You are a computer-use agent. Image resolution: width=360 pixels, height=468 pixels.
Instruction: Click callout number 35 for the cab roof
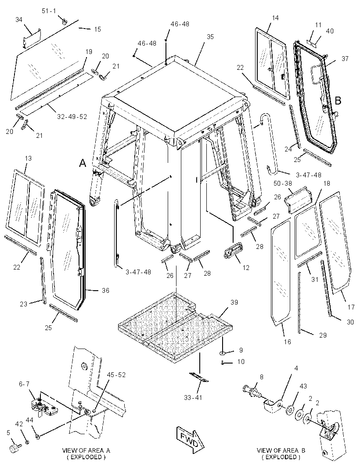tap(210, 37)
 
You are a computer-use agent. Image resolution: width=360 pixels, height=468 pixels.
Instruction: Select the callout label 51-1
tap(49, 11)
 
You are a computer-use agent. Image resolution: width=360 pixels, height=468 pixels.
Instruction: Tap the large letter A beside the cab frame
tap(83, 163)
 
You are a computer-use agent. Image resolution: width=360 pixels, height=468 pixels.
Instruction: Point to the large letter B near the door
tap(338, 101)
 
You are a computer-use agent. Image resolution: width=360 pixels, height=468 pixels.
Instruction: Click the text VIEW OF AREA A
tap(86, 450)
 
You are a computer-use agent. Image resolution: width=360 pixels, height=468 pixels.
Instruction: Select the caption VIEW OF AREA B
tap(281, 450)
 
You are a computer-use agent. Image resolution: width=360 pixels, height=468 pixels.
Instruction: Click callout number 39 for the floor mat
tap(234, 302)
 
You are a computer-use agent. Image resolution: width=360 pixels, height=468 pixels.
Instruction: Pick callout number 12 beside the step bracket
tap(246, 268)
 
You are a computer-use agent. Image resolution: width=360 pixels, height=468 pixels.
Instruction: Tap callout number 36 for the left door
tap(105, 290)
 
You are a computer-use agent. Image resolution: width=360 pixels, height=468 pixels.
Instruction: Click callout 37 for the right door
tap(345, 59)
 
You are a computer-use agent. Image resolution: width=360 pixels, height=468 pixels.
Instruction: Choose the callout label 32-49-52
tap(72, 117)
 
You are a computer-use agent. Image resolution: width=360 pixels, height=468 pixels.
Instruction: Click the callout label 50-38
tap(283, 184)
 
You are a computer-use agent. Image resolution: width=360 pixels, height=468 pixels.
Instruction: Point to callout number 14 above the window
tap(275, 18)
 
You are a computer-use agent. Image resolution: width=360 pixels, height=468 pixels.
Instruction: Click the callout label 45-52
tap(116, 375)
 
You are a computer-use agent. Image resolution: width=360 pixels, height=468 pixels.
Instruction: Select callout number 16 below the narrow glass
tap(287, 342)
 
